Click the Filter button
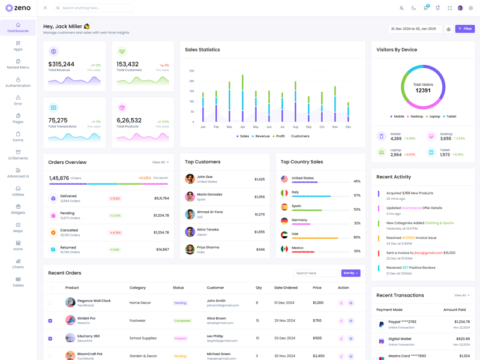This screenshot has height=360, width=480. (x=465, y=29)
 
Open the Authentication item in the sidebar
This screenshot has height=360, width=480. (x=18, y=82)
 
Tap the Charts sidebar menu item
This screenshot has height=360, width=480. (x=18, y=263)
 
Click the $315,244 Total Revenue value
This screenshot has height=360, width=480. (x=61, y=64)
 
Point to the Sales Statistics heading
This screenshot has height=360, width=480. (x=202, y=50)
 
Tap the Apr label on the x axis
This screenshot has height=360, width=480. (x=242, y=127)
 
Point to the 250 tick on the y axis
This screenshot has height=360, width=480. (x=191, y=71)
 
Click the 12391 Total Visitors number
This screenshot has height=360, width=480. (x=423, y=91)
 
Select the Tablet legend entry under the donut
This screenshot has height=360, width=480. (x=451, y=116)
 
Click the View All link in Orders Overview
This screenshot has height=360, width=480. (x=160, y=162)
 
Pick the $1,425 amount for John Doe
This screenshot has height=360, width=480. (x=259, y=179)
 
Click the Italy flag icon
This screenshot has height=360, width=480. (x=284, y=193)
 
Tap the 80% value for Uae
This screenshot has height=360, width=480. (x=357, y=237)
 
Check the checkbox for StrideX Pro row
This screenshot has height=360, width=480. (x=50, y=320)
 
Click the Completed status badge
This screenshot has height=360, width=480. (x=182, y=320)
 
